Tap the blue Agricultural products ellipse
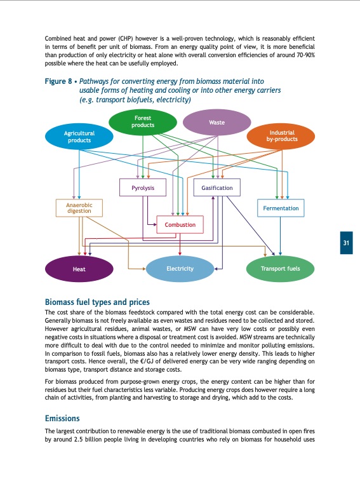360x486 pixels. coord(79,137)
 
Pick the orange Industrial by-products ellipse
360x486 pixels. coord(280,135)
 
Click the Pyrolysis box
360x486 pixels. coord(138,188)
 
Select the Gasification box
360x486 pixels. coord(217,188)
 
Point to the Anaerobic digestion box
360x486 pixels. coord(79,208)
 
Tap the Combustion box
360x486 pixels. coord(180,225)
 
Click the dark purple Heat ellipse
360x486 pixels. coord(79,269)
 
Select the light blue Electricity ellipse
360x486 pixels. coord(180,269)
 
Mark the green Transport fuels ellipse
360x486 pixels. coord(280,269)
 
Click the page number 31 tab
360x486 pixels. coord(346,243)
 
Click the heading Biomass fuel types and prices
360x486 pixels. coord(97,302)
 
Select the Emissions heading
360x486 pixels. coord(62,419)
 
